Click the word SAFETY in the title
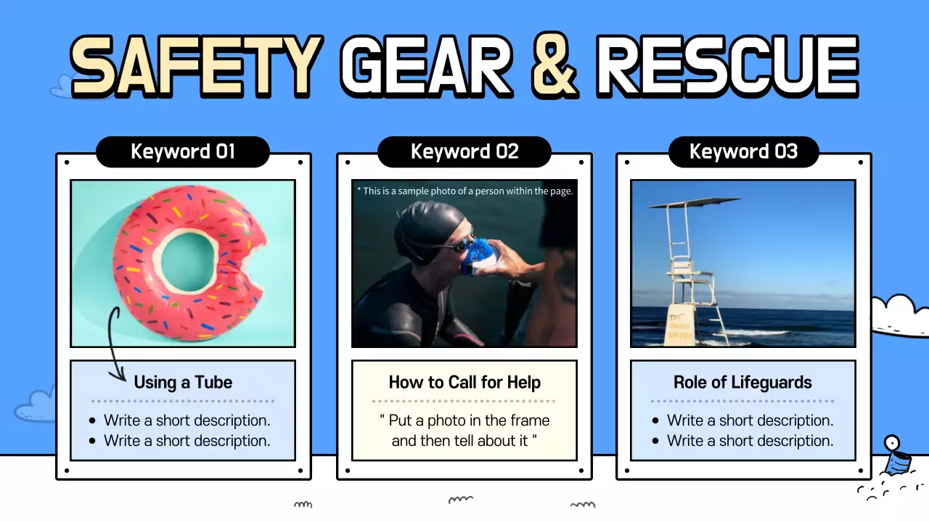(x=196, y=67)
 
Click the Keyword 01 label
(x=183, y=152)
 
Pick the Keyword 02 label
(x=464, y=152)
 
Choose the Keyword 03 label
(x=743, y=152)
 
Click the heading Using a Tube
(x=183, y=382)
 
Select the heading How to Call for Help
(x=464, y=382)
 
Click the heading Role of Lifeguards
(x=742, y=382)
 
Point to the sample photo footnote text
(x=464, y=191)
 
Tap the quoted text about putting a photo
(x=464, y=430)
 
